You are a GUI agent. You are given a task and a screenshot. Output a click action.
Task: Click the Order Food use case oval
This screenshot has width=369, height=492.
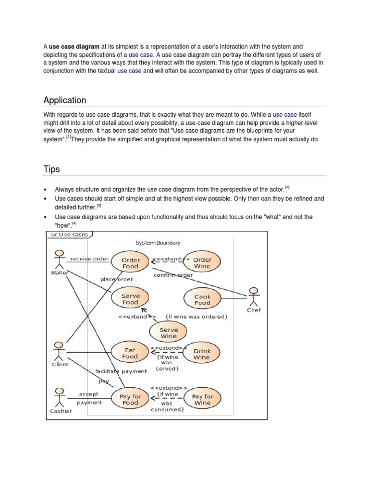[x=130, y=263]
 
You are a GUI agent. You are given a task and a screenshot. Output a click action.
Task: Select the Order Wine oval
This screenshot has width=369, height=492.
[x=202, y=263]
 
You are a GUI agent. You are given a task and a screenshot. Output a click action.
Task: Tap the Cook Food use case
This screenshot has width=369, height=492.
[x=202, y=300]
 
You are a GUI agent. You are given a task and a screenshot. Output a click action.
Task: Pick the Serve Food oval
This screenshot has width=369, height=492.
[x=130, y=299]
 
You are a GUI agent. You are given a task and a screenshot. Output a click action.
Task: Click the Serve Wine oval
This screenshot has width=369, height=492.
[x=168, y=332]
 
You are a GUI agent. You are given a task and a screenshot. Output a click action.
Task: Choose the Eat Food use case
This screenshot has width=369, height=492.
[x=130, y=353]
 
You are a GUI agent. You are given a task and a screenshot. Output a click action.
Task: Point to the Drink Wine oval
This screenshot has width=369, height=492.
[x=202, y=354]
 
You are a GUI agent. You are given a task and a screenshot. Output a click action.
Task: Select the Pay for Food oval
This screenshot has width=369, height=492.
[x=130, y=399]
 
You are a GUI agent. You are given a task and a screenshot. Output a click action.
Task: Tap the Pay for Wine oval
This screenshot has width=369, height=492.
[x=202, y=399]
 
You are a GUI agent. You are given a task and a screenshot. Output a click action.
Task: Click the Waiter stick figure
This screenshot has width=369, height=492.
[x=59, y=259]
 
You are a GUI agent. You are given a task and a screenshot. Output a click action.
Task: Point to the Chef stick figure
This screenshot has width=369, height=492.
[x=253, y=297]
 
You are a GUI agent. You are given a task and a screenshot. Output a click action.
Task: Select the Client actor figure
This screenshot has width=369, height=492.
[x=59, y=352]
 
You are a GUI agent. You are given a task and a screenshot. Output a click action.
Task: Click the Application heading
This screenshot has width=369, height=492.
[x=65, y=100]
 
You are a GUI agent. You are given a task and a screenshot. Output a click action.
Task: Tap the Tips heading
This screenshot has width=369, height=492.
[x=51, y=169]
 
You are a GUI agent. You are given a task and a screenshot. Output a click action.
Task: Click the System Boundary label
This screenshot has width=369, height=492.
[x=158, y=243]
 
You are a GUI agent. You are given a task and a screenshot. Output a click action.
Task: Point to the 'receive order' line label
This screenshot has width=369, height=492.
[x=89, y=258]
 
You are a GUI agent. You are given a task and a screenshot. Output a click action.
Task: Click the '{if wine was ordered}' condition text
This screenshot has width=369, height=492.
[x=196, y=317]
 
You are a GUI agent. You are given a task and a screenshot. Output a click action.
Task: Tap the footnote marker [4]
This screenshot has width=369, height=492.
[x=74, y=223]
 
